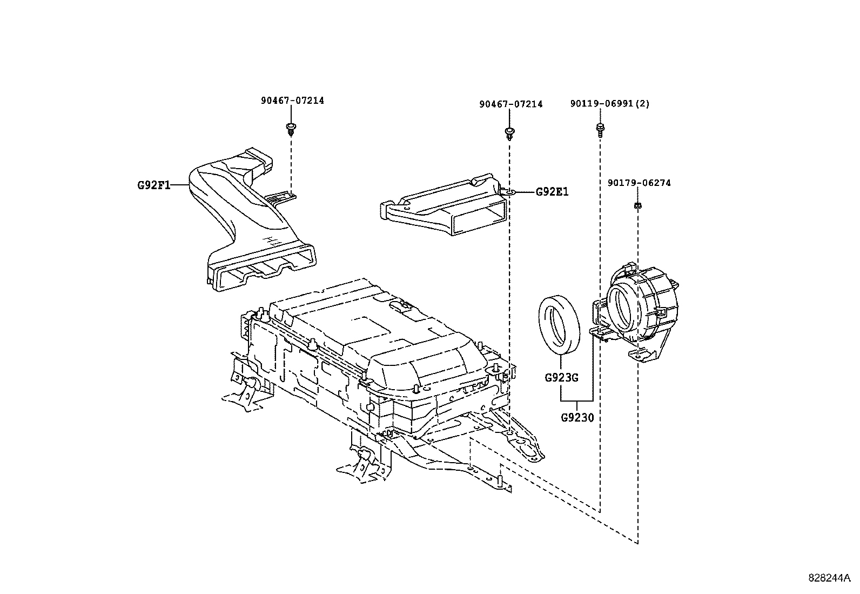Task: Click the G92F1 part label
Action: coord(153,185)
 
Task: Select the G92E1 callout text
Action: coord(552,192)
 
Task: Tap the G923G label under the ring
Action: coord(561,378)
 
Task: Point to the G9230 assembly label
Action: coord(577,417)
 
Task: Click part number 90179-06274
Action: coord(639,183)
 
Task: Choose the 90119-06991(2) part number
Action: coord(609,104)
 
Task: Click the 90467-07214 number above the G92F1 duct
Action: coord(292,101)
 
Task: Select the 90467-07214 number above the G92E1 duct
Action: coord(510,104)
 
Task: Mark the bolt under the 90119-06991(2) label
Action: coord(600,129)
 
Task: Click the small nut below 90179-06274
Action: coord(638,205)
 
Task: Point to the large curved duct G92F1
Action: coord(238,205)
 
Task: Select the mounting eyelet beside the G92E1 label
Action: coord(509,192)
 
